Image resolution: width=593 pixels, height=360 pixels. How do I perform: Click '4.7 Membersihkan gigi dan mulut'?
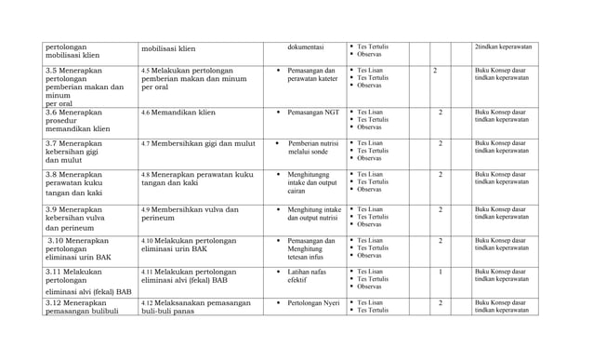(198, 144)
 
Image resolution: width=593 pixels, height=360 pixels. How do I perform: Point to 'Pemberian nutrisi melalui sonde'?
(312, 149)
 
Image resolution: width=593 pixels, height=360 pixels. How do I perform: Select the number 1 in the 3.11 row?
(440, 272)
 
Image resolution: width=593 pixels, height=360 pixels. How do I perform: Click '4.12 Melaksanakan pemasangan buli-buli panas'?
(195, 308)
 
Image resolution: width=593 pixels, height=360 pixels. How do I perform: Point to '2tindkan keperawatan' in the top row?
(503, 47)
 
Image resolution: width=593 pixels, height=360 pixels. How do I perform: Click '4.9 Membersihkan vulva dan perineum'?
(190, 215)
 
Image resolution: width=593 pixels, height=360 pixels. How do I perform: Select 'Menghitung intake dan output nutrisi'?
(314, 215)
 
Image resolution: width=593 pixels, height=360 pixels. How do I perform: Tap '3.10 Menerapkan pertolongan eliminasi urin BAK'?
(80, 248)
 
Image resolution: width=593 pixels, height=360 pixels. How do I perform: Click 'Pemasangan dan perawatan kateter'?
(311, 75)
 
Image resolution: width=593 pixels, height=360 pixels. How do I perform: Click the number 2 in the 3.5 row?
(435, 70)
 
